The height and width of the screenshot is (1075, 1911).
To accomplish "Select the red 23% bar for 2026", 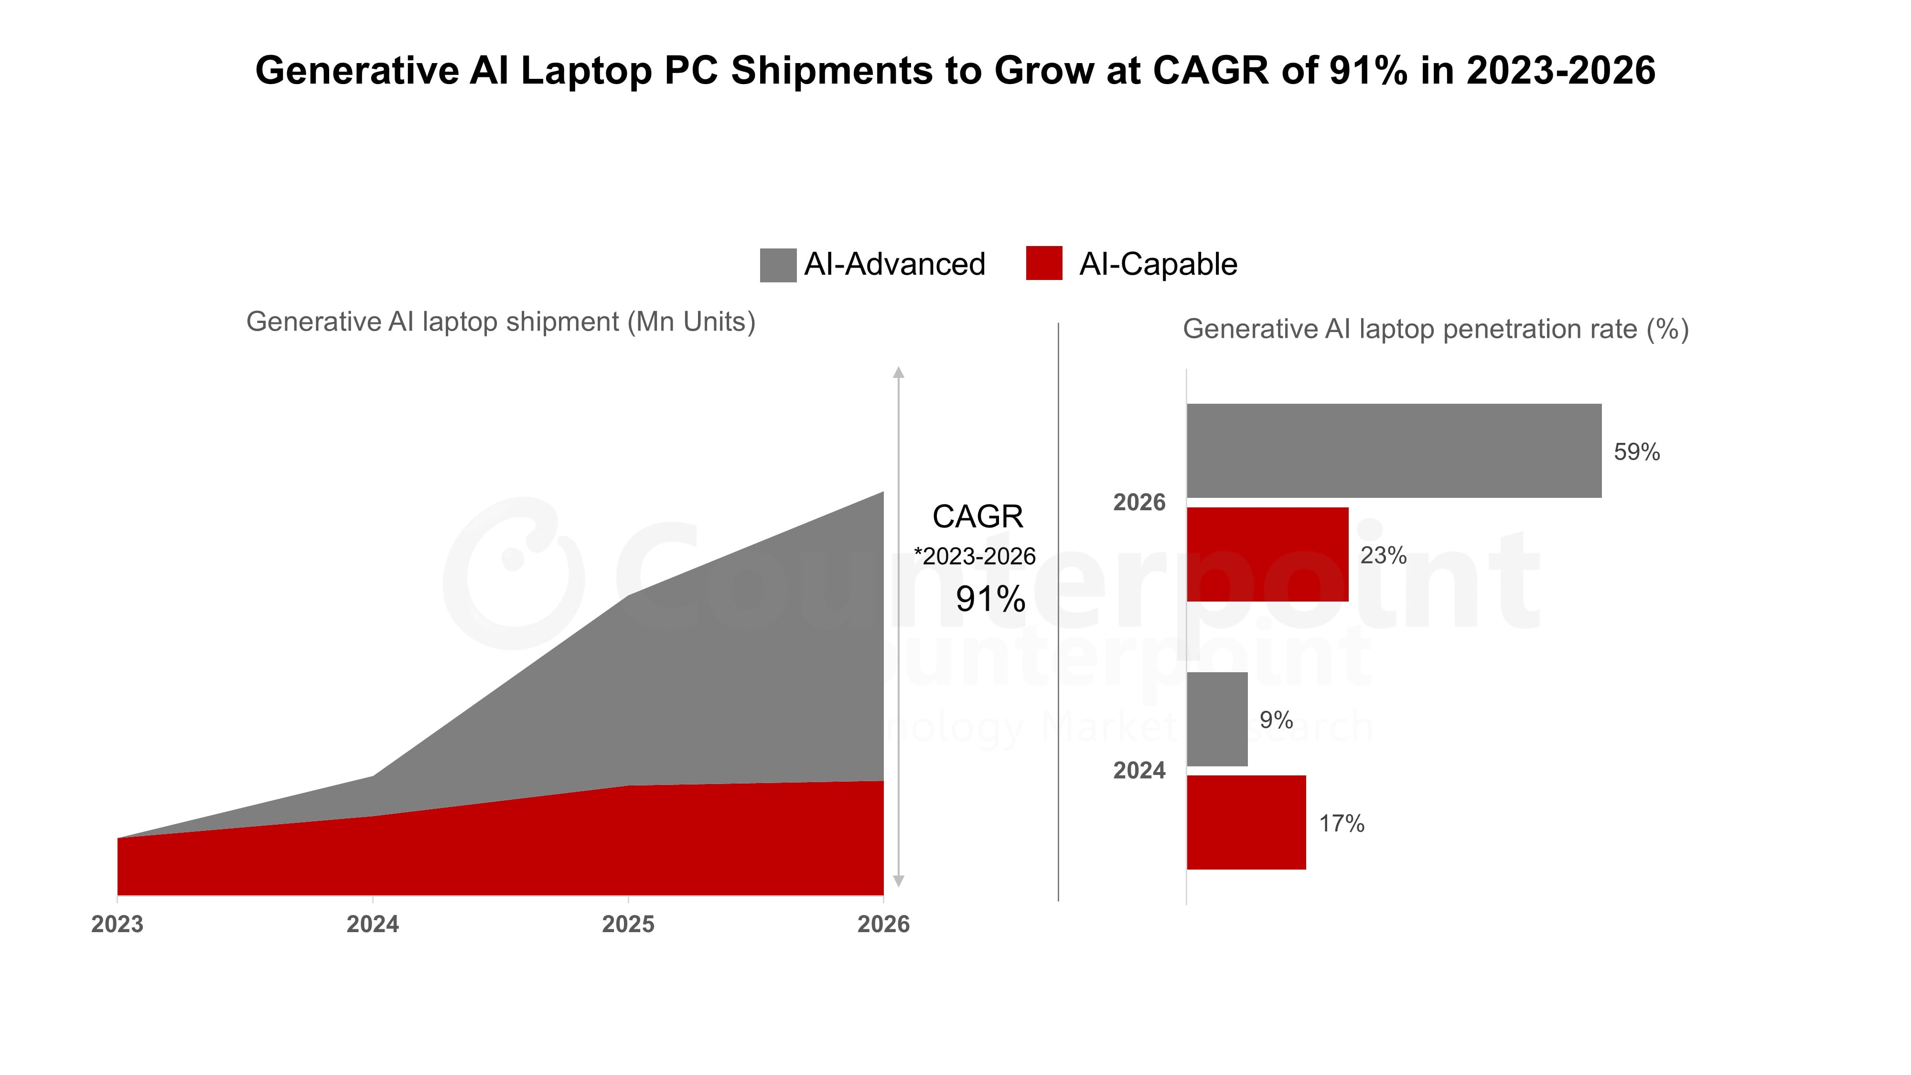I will pyautogui.click(x=1267, y=554).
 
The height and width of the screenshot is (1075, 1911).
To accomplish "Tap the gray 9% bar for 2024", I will pyautogui.click(x=1217, y=719).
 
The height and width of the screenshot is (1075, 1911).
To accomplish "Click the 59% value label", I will pyautogui.click(x=1636, y=452).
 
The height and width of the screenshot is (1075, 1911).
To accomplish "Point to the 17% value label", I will pyautogui.click(x=1341, y=824).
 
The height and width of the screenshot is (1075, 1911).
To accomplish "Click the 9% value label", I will pyautogui.click(x=1276, y=720).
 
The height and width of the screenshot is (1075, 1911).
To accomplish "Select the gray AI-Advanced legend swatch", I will pyautogui.click(x=777, y=265).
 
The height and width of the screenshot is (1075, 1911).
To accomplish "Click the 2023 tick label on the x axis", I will pyautogui.click(x=117, y=924).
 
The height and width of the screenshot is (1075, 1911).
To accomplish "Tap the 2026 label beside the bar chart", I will pyautogui.click(x=1139, y=502).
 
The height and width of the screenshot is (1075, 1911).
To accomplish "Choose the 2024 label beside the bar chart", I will pyautogui.click(x=1139, y=771).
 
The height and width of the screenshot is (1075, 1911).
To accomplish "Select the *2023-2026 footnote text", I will pyautogui.click(x=974, y=557).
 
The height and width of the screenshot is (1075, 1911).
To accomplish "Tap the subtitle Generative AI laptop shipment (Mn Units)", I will pyautogui.click(x=501, y=322).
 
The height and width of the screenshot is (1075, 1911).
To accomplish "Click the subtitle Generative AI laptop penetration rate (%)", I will pyautogui.click(x=1436, y=329).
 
